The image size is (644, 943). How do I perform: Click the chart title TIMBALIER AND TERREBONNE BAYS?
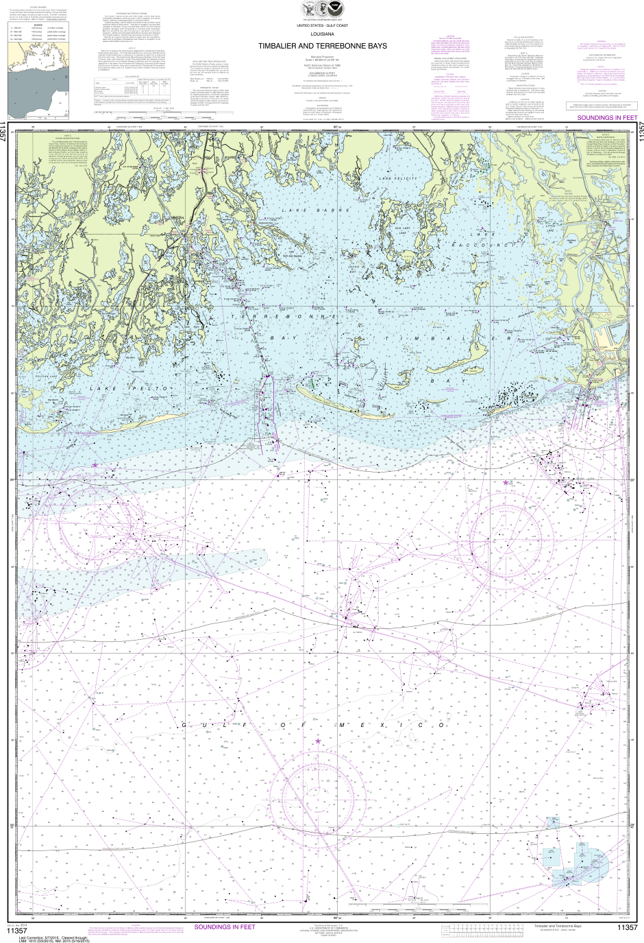click(322, 46)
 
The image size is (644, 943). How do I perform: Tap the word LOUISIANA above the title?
click(322, 33)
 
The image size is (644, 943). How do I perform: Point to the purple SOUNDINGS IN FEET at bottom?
click(225, 927)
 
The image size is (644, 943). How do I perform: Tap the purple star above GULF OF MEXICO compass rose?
click(318, 741)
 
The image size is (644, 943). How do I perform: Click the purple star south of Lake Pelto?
click(95, 465)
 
